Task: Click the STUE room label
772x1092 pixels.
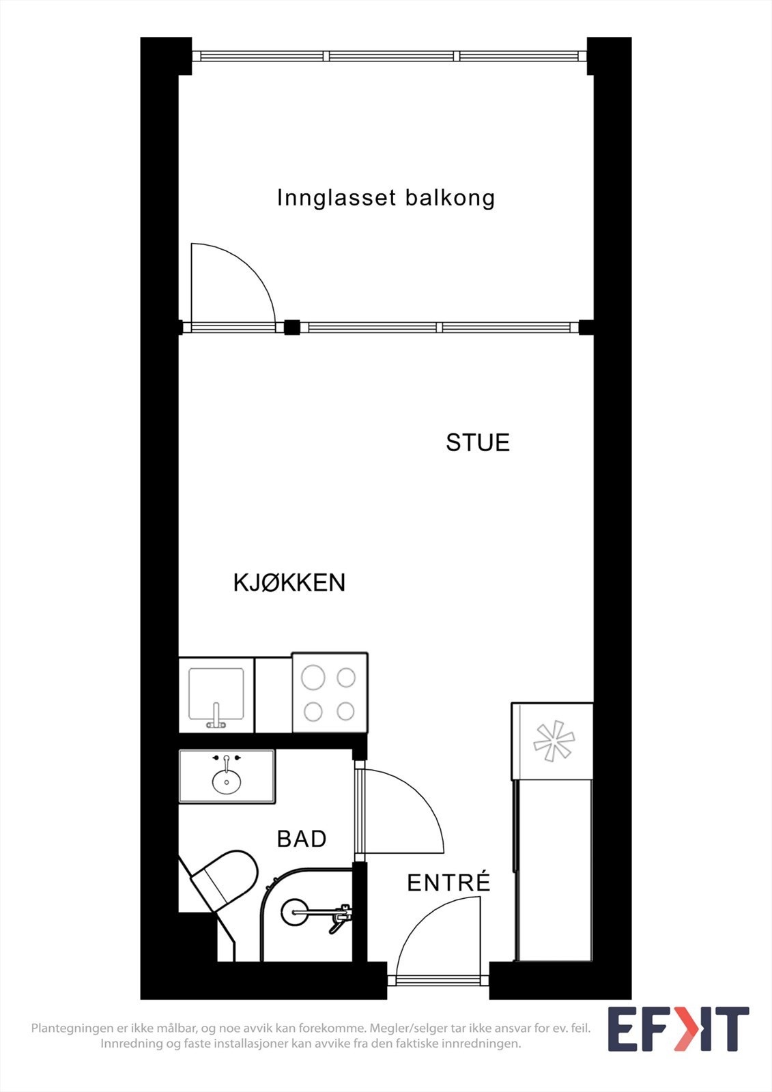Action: tap(478, 442)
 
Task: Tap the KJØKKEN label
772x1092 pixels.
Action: tap(289, 582)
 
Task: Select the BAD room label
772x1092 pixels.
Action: tap(302, 838)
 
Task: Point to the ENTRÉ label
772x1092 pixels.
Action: tap(448, 882)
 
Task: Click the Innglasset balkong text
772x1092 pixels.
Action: tap(386, 198)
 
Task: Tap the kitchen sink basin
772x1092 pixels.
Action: tap(216, 693)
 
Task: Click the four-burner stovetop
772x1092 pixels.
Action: tap(330, 693)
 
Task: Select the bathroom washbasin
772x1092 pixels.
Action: tap(227, 781)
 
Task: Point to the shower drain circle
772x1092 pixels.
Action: tap(295, 911)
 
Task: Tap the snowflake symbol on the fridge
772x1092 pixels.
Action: tap(553, 741)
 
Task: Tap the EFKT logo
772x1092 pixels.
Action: tap(678, 1029)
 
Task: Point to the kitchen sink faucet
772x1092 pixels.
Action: tap(216, 717)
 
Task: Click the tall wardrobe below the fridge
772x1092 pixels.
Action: tap(553, 870)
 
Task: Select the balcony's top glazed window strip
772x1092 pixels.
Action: tap(389, 56)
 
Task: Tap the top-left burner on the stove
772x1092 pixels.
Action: tap(313, 678)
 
